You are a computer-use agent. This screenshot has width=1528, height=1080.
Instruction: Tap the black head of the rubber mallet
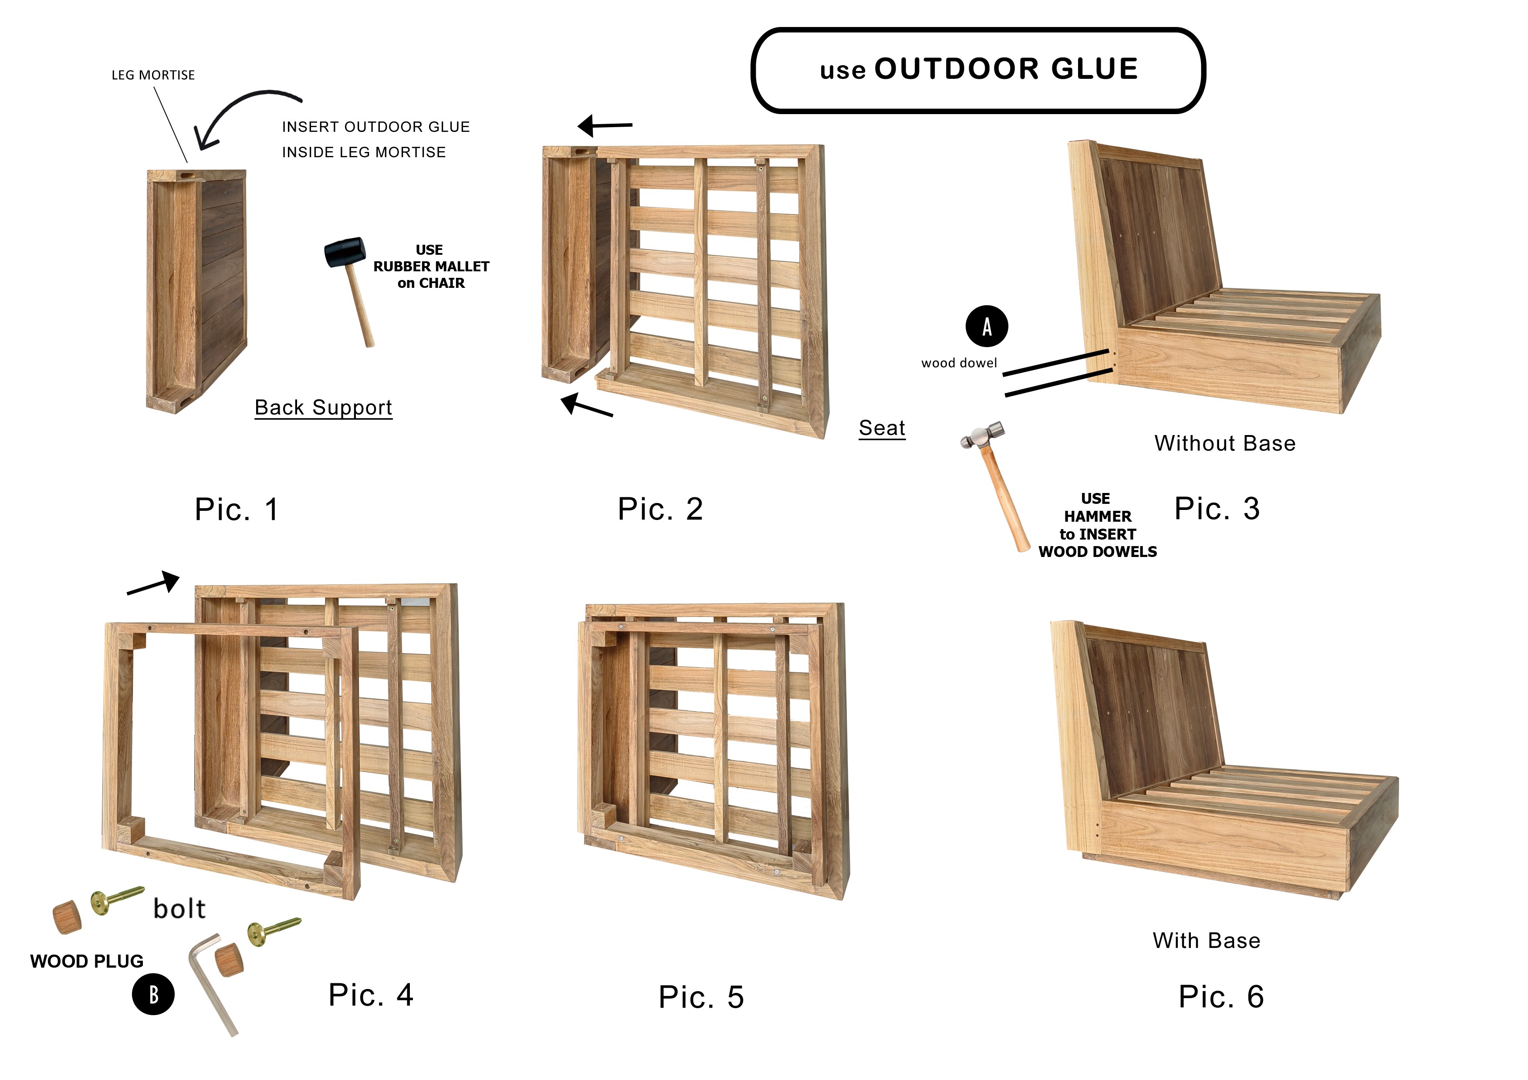(x=345, y=252)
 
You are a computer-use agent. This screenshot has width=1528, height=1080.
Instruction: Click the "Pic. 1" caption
(x=236, y=509)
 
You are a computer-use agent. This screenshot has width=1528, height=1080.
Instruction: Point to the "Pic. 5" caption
(x=701, y=997)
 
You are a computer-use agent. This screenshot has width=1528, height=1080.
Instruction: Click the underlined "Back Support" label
(x=324, y=407)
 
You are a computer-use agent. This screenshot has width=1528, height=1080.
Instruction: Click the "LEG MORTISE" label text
(x=153, y=75)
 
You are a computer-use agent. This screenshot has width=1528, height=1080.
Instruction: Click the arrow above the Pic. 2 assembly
(x=604, y=125)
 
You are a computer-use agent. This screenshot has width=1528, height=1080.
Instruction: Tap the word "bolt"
(x=179, y=908)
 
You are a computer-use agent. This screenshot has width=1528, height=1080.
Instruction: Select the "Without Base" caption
(x=1224, y=443)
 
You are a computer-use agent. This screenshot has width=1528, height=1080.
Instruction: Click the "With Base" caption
(x=1206, y=940)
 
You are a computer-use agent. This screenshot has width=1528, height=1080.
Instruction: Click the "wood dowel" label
(x=959, y=363)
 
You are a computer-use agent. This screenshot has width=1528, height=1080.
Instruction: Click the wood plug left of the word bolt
(x=67, y=917)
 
